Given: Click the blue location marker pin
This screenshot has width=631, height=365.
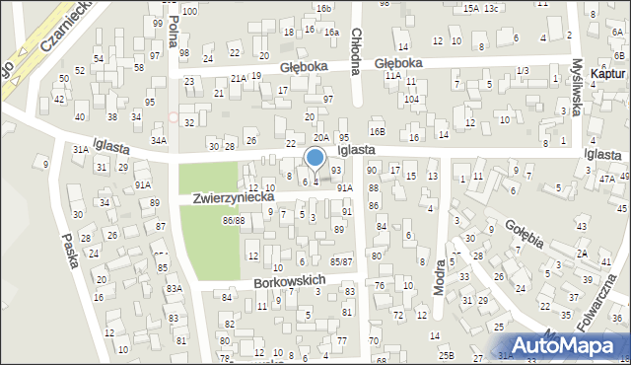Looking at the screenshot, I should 315,159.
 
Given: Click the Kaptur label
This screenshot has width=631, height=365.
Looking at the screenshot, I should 607,74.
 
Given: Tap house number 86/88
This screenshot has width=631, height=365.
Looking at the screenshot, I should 234,220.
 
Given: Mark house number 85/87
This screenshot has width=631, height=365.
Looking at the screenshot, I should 341,260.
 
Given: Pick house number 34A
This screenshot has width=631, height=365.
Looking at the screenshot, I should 159,140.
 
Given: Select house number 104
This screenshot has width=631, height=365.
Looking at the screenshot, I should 411,100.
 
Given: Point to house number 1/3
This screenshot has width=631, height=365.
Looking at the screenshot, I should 522,70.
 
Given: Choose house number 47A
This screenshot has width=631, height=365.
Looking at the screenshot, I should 606,179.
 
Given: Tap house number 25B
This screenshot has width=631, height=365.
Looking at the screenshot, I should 447,354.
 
